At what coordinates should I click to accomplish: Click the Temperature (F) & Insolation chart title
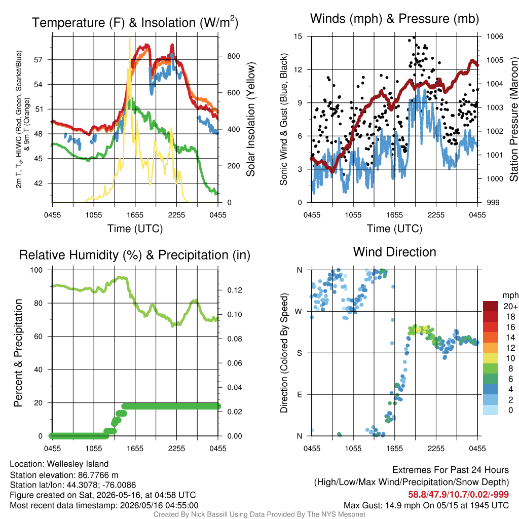pos(135,22)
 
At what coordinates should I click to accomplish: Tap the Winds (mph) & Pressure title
pos(394,19)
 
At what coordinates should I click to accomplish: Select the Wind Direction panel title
pos(394,252)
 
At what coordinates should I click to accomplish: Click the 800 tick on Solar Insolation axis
pos(233,56)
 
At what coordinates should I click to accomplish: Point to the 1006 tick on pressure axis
pos(495,36)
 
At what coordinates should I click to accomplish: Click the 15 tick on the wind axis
pos(298,36)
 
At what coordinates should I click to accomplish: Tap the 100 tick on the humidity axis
pos(36,270)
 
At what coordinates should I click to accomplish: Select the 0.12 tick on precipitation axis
pos(235,290)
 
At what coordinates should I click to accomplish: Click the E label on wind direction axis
pos(300,394)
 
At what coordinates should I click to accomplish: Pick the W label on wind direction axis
pos(299,312)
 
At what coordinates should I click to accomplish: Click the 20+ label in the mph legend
pos(510,306)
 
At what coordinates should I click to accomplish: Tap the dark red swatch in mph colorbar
pos(491,306)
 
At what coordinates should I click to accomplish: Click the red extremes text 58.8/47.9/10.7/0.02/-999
pos(458,495)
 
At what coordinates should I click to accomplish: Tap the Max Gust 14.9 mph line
pos(426,505)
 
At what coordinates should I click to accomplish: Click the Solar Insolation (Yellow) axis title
pos(251,119)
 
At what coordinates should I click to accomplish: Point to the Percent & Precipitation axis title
pos(18,353)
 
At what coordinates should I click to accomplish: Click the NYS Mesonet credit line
pos(259,514)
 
